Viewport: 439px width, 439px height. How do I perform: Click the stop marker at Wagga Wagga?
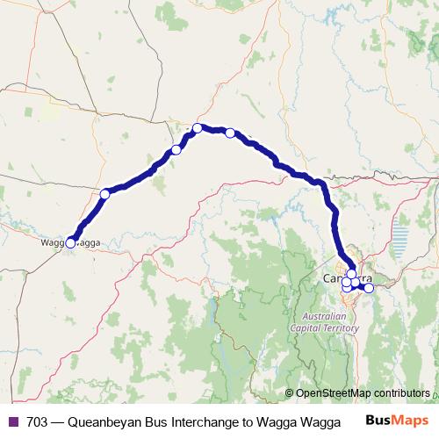pos(70,243)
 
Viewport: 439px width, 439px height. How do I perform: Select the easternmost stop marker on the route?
pos(369,288)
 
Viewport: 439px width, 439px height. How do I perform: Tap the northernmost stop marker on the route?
pos(198,128)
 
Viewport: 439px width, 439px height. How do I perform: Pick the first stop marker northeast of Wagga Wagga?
pos(104,193)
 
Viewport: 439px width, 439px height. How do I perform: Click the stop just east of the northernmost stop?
pos(230,133)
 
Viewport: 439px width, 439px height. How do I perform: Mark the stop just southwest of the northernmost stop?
pos(176,150)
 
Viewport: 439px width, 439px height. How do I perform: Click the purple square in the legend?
pos(12,421)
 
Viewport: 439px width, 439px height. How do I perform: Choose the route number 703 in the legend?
pos(38,421)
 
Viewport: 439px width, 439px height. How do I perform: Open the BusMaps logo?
pos(397,421)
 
